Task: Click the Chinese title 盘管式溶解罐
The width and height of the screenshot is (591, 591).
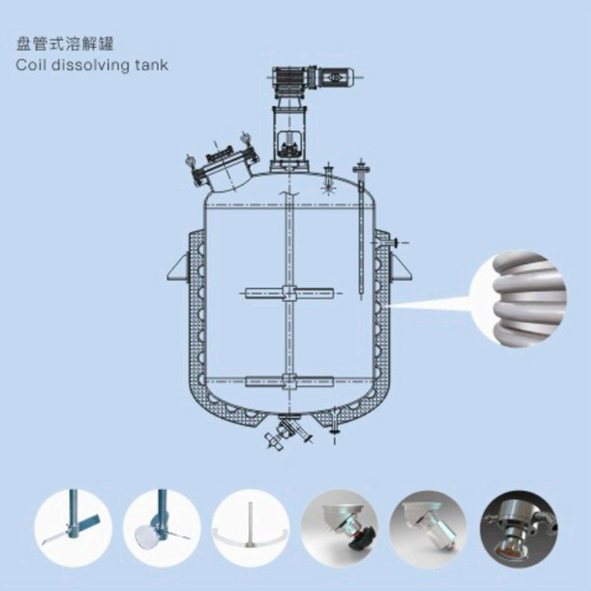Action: (64, 44)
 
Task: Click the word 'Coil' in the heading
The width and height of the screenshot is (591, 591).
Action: (31, 65)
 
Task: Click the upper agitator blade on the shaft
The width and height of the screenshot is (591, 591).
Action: (290, 293)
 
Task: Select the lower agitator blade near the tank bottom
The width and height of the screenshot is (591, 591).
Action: (290, 381)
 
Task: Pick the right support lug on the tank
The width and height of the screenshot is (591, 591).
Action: (400, 267)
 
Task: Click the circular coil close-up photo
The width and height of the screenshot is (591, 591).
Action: (519, 298)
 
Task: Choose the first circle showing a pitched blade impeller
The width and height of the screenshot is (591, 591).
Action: (73, 528)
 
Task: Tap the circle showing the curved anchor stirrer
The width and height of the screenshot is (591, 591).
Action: (251, 528)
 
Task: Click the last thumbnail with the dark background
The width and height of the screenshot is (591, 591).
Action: (519, 528)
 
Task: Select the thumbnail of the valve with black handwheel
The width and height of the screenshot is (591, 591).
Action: (340, 528)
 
